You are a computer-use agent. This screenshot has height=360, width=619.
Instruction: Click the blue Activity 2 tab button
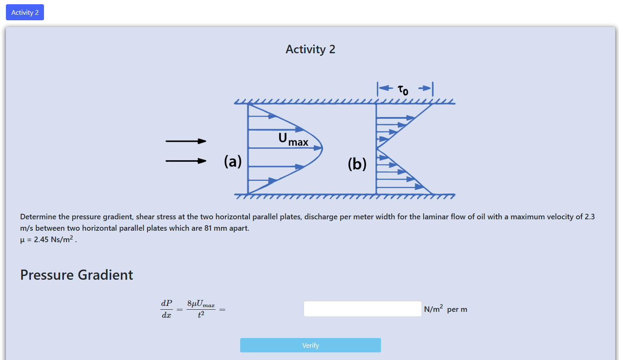25,12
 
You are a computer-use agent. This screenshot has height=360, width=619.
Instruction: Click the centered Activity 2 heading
310,49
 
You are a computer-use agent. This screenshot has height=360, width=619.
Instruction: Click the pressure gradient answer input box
362,309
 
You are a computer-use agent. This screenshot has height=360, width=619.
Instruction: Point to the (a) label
233,161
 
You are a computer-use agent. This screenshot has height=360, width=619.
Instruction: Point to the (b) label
357,164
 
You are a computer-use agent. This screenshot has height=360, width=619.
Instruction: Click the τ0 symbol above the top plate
403,90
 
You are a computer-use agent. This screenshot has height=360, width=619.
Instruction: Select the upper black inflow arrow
186,141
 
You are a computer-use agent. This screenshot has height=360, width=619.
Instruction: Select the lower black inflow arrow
186,161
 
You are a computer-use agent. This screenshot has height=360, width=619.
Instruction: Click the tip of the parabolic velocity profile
323,148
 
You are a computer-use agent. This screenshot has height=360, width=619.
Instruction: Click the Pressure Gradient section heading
77,275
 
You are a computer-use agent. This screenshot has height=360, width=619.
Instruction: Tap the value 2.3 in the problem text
589,217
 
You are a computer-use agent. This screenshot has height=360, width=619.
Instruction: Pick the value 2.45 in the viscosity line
41,240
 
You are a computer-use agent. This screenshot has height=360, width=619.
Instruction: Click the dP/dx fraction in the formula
166,309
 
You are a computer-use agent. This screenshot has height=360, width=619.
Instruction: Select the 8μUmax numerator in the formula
201,304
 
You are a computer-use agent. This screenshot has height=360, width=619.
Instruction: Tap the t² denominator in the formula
201,314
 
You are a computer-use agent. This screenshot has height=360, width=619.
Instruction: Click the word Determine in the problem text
38,217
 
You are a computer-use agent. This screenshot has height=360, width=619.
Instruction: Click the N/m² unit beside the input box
433,308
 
